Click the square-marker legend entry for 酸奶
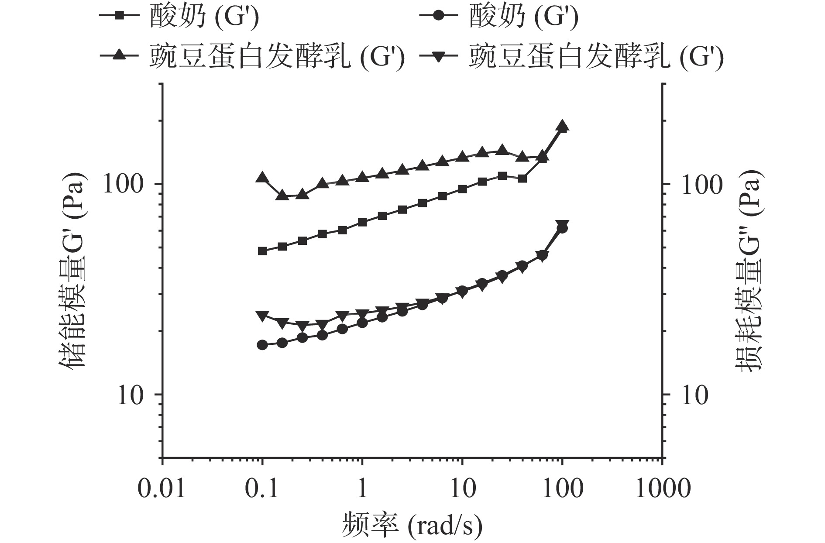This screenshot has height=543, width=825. tap(179, 17)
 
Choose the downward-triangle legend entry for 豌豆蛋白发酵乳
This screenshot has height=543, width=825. tap(572, 57)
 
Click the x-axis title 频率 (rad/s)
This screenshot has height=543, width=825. tap(412, 526)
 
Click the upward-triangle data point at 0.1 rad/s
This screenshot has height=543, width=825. tap(262, 177)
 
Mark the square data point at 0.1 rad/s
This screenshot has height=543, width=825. tap(262, 251)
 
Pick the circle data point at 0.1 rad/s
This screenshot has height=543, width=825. tap(262, 345)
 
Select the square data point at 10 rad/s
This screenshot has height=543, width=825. tap(462, 189)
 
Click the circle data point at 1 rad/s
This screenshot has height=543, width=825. tap(362, 323)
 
